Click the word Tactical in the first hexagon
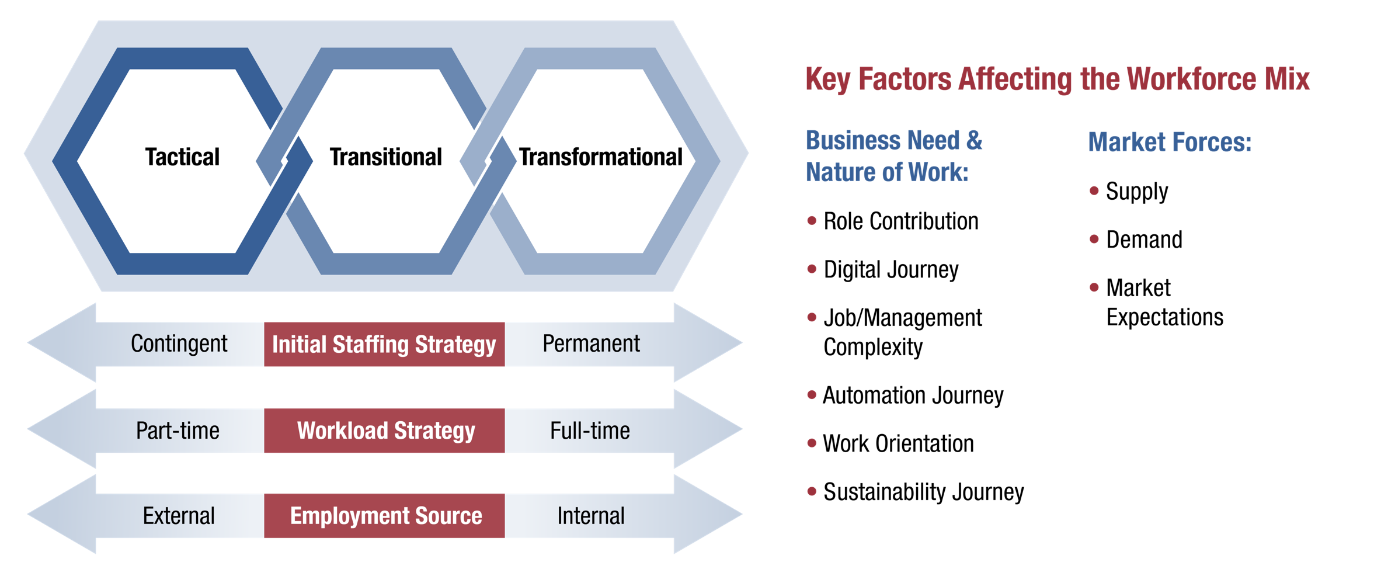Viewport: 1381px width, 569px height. click(182, 157)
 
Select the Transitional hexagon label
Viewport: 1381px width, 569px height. click(386, 157)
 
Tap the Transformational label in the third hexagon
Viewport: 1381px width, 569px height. click(601, 157)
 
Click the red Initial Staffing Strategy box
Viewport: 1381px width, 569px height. click(384, 345)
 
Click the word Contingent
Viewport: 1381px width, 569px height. click(179, 344)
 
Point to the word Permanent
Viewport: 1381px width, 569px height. click(591, 344)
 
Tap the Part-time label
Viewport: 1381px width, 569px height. click(178, 431)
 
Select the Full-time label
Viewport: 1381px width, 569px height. click(590, 431)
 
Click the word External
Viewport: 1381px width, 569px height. click(179, 516)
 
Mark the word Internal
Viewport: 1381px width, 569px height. click(591, 516)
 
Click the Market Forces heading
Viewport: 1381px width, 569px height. click(1170, 143)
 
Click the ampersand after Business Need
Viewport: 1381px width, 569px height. click(974, 141)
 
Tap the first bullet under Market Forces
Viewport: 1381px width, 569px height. click(1094, 191)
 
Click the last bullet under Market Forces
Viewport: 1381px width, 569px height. click(1094, 287)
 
